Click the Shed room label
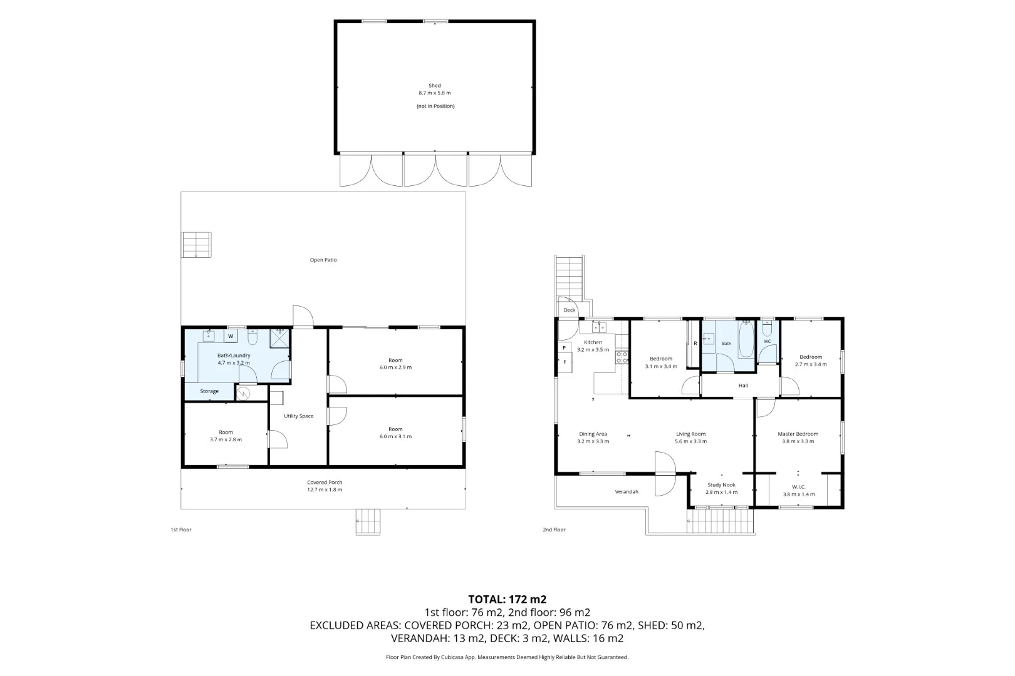coord(435,86)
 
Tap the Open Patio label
coord(323,260)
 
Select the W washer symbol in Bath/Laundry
coord(231,336)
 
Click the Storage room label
coord(209,391)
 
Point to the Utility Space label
coord(299,416)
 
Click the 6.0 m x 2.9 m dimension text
coord(395,367)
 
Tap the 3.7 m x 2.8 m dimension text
coord(226,439)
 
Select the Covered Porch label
coord(325,482)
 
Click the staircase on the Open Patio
coord(196,245)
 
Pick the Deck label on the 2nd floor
coord(569,310)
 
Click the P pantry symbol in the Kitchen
coord(564,348)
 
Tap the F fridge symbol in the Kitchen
coord(565,362)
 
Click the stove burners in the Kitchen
coord(622,357)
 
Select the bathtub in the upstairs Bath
coord(746,340)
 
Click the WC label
coord(767,341)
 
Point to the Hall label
coord(743,386)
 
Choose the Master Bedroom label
coord(798,434)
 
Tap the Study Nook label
coord(721,485)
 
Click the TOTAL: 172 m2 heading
coord(507,600)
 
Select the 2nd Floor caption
coord(554,530)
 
